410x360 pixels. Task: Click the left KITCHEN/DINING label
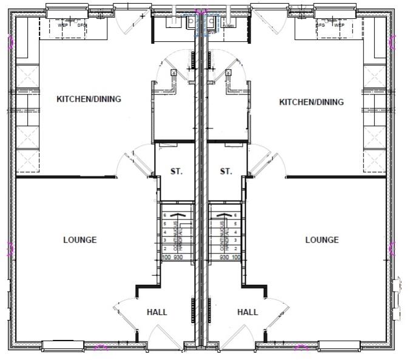click(89, 99)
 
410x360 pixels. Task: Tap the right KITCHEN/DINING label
click(311, 102)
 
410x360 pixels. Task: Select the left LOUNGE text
click(79, 240)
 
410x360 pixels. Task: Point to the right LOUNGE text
click(321, 240)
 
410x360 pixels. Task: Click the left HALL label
click(156, 312)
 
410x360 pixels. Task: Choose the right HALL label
click(247, 312)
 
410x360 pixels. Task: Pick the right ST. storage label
click(226, 172)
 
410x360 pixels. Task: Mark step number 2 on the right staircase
click(235, 249)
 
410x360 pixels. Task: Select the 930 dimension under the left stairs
click(178, 258)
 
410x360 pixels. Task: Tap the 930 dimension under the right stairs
click(224, 258)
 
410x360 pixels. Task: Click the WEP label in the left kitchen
click(62, 25)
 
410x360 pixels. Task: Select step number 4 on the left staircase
click(165, 232)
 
